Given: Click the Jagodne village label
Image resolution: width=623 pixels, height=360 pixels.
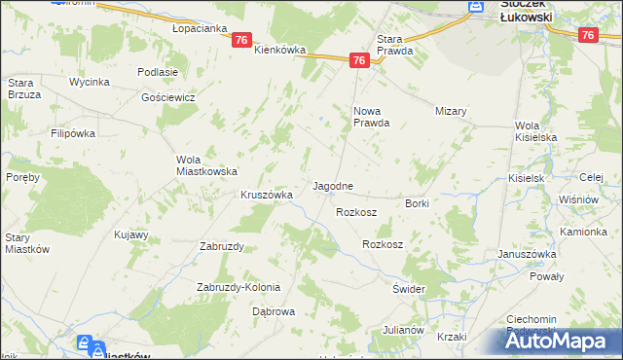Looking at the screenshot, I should (332, 185).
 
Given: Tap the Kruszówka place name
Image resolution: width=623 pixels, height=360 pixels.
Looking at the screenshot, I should (267, 195).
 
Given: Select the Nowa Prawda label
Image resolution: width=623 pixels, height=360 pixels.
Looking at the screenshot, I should (371, 117).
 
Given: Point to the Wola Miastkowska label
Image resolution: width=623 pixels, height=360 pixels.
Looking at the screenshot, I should (206, 165).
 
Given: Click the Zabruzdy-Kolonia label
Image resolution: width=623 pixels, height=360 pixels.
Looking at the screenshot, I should (238, 287).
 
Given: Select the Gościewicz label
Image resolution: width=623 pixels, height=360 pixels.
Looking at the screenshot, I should (168, 98).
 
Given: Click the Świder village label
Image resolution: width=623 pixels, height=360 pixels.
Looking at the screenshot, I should (409, 290).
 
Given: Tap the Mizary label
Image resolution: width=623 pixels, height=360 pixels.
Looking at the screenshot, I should (452, 111).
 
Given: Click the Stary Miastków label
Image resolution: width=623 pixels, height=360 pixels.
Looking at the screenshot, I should (27, 243).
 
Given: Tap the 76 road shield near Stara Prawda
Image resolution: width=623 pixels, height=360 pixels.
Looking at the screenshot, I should (360, 60).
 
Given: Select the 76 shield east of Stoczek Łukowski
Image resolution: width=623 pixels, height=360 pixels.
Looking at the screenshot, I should (587, 35).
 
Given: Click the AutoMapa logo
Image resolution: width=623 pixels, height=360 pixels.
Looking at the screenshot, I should (564, 342).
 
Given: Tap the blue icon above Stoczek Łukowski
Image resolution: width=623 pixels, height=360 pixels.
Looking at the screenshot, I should (474, 6).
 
